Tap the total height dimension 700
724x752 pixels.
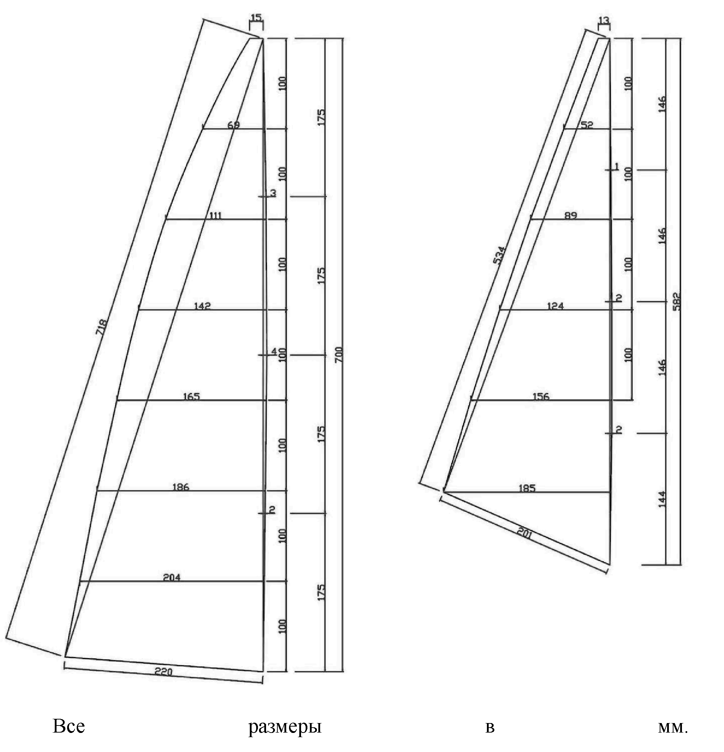[339, 355]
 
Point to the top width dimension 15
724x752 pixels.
[256, 17]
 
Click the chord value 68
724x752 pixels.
[234, 125]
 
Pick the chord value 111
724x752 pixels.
[215, 215]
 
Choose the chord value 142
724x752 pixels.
[202, 306]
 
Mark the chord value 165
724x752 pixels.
[191, 396]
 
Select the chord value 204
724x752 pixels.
[172, 577]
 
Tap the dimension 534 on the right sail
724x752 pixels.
[499, 255]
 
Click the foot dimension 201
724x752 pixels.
[524, 534]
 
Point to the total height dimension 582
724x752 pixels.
[676, 302]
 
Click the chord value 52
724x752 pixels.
[587, 125]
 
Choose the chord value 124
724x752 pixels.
[555, 306]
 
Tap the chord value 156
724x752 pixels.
[541, 396]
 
